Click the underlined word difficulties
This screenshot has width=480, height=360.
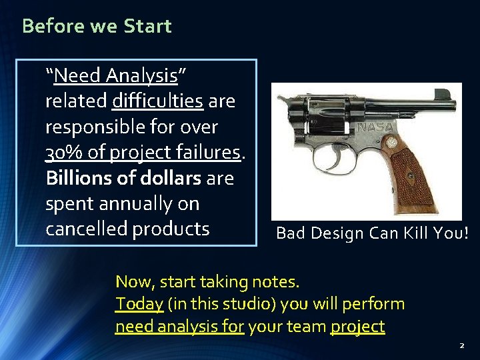[157, 101]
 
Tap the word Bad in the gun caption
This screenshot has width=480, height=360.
[289, 233]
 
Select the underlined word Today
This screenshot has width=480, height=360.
[139, 304]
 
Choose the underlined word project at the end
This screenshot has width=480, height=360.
[357, 327]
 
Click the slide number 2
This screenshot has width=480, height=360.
[461, 346]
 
